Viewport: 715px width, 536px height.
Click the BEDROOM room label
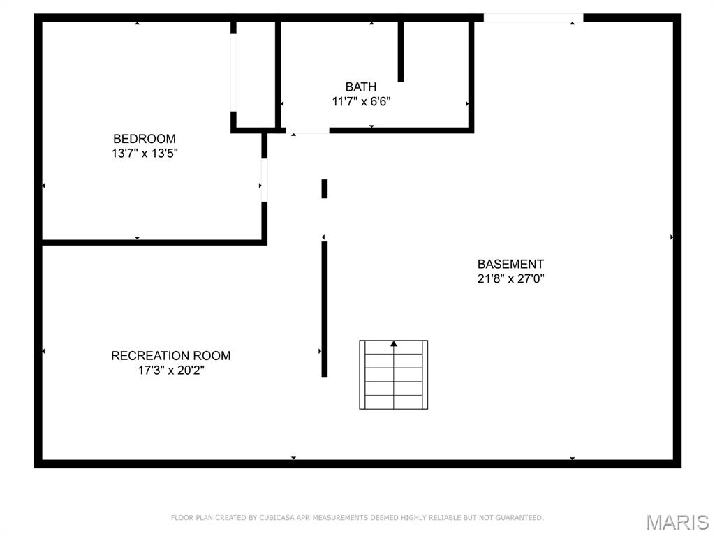point(144,139)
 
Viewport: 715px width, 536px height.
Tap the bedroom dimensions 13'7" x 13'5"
point(145,153)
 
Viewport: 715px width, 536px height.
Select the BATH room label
point(361,87)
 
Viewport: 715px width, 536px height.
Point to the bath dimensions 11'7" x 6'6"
point(361,101)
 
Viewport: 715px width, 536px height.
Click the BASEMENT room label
point(510,264)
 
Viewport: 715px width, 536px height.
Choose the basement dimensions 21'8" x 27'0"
point(510,278)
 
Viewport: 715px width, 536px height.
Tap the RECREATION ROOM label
point(170,355)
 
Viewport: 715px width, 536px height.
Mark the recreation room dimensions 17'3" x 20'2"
point(171,370)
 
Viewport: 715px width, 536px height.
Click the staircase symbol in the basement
point(394,375)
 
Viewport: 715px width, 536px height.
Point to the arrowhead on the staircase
point(394,343)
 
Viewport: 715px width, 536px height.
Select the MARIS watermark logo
point(677,522)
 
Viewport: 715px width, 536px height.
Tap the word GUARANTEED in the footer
point(520,518)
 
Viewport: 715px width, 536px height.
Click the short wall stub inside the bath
point(400,52)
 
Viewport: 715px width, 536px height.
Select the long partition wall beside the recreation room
point(324,309)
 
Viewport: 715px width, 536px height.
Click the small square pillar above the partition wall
point(324,188)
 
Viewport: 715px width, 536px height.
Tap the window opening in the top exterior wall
point(533,17)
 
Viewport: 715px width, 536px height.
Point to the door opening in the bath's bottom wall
point(308,131)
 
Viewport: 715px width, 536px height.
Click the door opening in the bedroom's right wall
point(264,180)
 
